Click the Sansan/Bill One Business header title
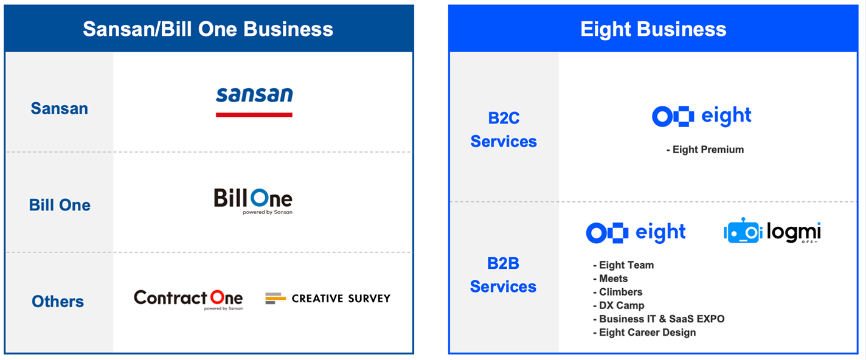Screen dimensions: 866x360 (208, 29)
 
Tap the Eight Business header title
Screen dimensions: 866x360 (653, 29)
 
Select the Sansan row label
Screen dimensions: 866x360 (60, 108)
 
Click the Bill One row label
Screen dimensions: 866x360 (60, 205)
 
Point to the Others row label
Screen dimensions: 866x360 (58, 301)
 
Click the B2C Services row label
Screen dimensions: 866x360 (504, 130)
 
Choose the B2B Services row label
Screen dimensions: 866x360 (503, 275)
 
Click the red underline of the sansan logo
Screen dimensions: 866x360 (254, 115)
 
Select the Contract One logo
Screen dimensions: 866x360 (189, 299)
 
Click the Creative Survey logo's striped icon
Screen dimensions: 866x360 (275, 299)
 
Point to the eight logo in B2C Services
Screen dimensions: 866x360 (701, 116)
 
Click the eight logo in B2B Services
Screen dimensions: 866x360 (636, 233)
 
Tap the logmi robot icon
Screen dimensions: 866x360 (743, 231)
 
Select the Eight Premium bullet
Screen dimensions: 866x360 (705, 150)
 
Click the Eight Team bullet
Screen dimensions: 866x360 (623, 265)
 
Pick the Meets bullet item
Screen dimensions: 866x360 (610, 279)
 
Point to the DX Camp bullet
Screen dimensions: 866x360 (618, 305)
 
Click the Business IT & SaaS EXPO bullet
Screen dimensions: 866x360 (659, 319)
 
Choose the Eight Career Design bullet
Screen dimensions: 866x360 (644, 333)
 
